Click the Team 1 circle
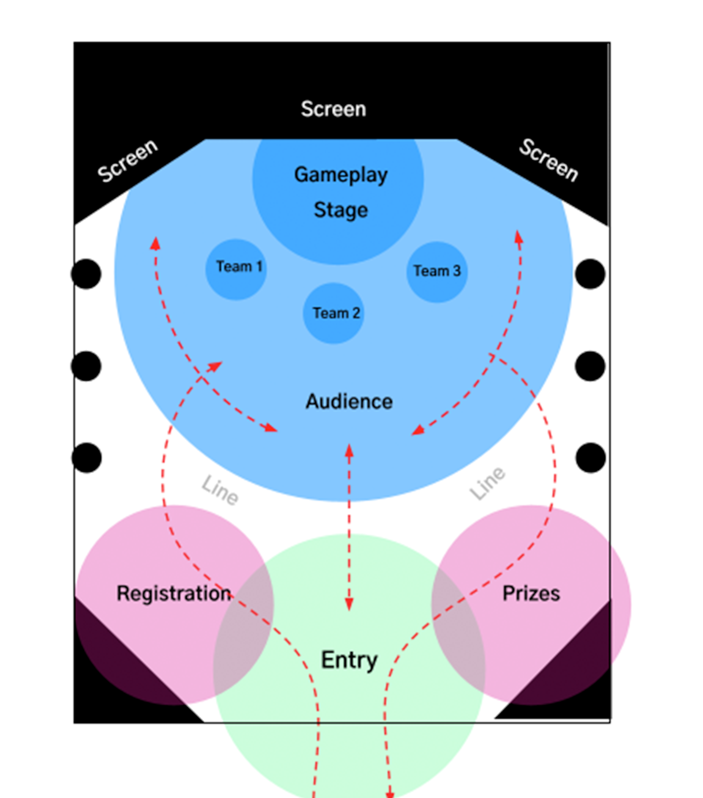click(x=236, y=269)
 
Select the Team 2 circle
click(x=333, y=313)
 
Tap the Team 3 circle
click(x=437, y=272)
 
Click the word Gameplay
click(x=340, y=175)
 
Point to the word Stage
click(x=340, y=210)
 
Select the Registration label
click(x=174, y=594)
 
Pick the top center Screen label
click(x=333, y=109)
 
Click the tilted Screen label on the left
click(x=128, y=161)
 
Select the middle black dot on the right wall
click(x=590, y=366)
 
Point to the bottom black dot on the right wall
click(x=591, y=458)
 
